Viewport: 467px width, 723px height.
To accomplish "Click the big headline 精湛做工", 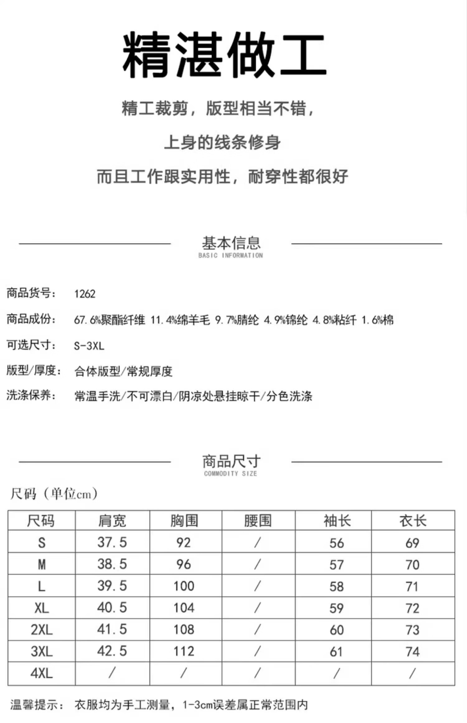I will (x=224, y=54).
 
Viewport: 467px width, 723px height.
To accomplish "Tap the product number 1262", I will (x=85, y=294).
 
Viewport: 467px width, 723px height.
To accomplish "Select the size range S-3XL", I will (x=89, y=346).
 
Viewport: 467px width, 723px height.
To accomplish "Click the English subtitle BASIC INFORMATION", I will (x=230, y=255).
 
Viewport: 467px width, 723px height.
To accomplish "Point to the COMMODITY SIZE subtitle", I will (x=230, y=473).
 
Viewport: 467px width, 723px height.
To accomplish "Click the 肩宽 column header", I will (x=112, y=521).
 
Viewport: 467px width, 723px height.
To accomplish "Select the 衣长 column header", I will (x=413, y=521).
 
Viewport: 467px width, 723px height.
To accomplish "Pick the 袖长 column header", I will (x=337, y=521).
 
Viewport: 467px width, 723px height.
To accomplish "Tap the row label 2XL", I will (x=42, y=630).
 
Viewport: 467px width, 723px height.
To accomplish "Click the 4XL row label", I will (x=42, y=673).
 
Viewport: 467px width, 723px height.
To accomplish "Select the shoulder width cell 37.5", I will (x=112, y=542).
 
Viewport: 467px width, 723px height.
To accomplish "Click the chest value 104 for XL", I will (x=184, y=608).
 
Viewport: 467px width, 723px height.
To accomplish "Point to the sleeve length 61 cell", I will (x=336, y=651).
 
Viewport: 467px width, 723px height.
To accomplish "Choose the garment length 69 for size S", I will (x=412, y=543).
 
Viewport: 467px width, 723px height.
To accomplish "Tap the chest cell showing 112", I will (x=184, y=651).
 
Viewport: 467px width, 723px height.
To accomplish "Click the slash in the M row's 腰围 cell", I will (x=257, y=564).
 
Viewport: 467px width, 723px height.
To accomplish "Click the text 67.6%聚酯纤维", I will (x=109, y=320).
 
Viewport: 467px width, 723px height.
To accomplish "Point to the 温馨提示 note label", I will (x=37, y=705).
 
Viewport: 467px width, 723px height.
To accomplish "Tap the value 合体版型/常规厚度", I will (x=123, y=371).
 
